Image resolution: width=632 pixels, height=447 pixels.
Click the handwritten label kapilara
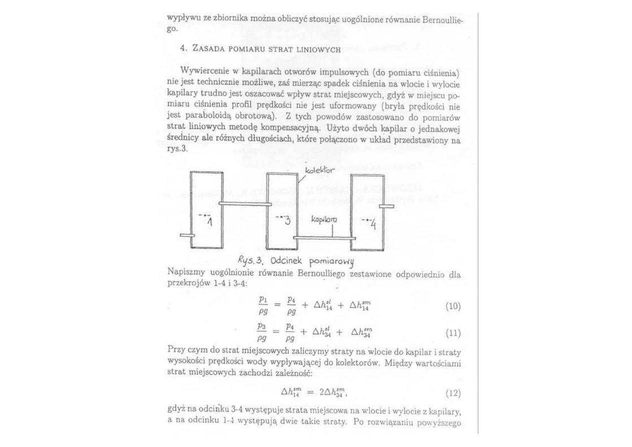click(324, 220)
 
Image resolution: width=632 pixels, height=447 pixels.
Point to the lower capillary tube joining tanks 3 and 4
click(324, 237)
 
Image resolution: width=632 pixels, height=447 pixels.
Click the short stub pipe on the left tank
click(187, 235)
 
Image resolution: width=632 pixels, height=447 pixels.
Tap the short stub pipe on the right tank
click(386, 206)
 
